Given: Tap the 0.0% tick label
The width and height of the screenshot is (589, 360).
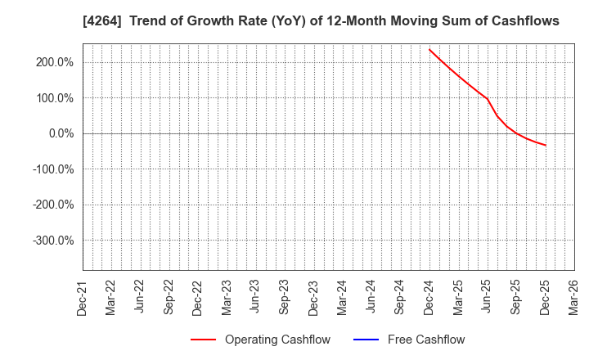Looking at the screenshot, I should (61, 133).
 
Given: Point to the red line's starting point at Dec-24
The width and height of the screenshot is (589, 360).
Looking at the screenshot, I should (429, 49).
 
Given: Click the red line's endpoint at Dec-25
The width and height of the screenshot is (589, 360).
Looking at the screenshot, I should (546, 145).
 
